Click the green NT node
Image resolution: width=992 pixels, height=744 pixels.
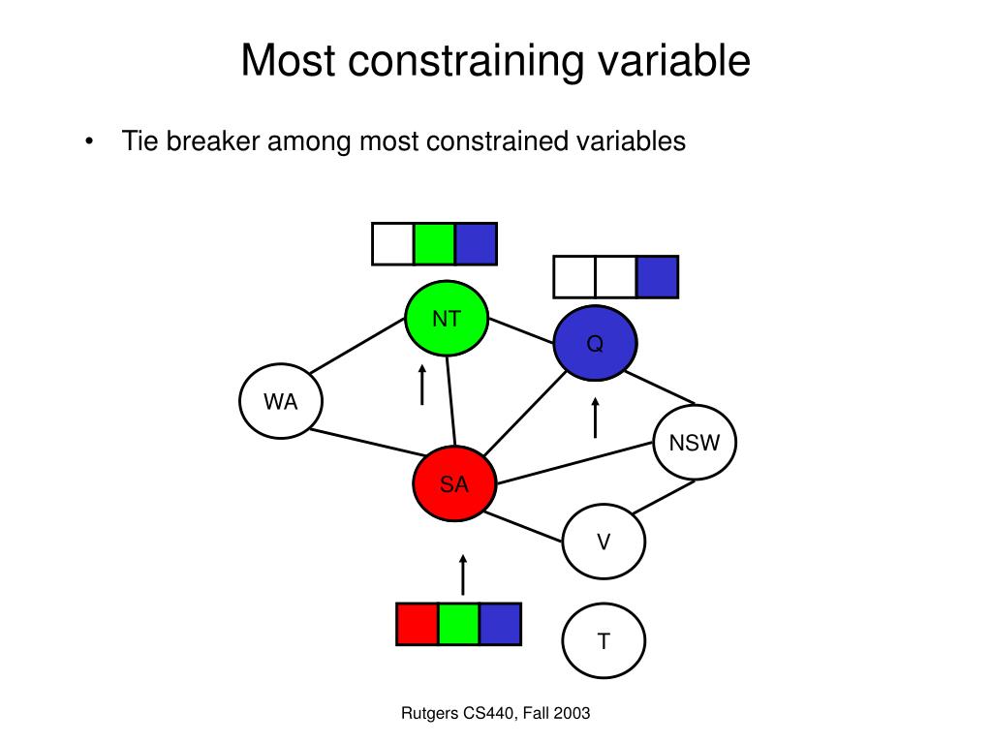coord(447,319)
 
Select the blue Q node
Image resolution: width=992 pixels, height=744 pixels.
coord(595,343)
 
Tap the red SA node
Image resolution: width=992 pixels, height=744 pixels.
coord(453,484)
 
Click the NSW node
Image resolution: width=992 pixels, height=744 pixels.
coord(695,444)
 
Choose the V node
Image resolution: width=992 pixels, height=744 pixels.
coord(604,542)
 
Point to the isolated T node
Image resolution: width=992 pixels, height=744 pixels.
coord(604,641)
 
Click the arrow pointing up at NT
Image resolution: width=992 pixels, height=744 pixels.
coord(422,385)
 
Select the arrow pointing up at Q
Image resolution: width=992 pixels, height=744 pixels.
coord(595,418)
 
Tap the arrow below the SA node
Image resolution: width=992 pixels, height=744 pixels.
coord(463,574)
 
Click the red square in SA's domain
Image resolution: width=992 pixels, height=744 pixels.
coord(418,624)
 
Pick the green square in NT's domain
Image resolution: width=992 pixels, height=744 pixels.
coord(434,243)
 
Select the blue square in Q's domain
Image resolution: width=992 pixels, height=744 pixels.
coord(657,277)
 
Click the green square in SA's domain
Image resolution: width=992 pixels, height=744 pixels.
coord(459,624)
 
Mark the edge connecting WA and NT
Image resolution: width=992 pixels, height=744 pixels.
coord(357,346)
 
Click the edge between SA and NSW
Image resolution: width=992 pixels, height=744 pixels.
coord(574,461)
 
